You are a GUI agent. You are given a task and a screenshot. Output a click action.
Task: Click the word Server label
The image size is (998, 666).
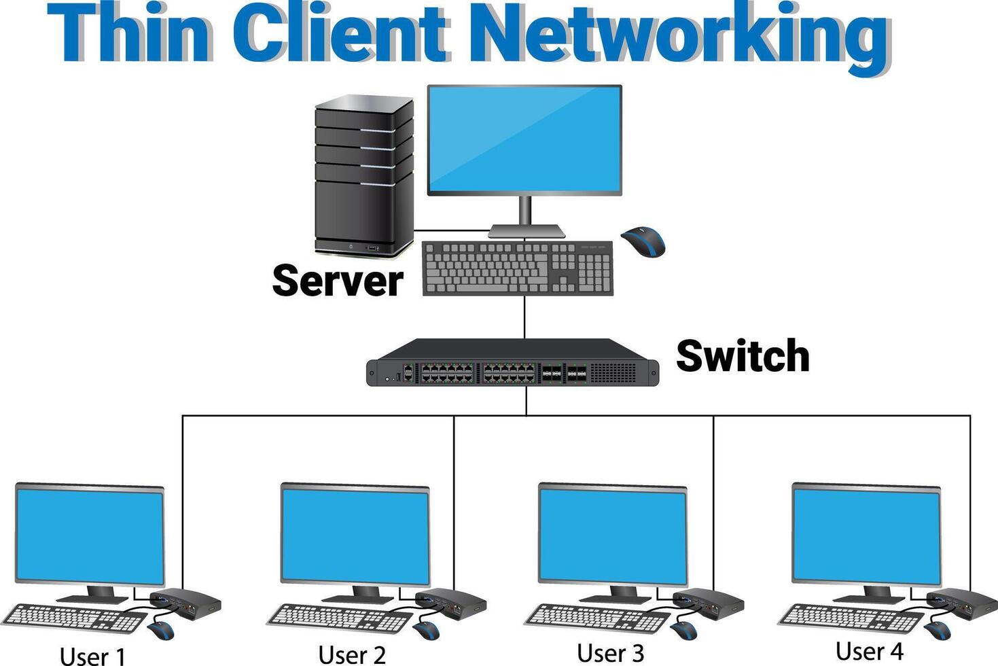pyautogui.click(x=338, y=281)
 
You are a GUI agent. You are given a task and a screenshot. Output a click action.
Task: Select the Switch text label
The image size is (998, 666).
pyautogui.click(x=743, y=355)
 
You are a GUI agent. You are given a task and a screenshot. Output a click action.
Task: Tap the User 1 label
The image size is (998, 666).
pyautogui.click(x=92, y=656)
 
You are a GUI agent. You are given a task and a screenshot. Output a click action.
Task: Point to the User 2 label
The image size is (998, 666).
pyautogui.click(x=352, y=654)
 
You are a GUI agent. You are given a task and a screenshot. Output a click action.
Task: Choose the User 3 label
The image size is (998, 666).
pyautogui.click(x=610, y=653)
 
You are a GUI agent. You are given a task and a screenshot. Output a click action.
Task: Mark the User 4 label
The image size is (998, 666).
pyautogui.click(x=869, y=650)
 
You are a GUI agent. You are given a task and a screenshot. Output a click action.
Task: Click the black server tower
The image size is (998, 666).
pyautogui.click(x=363, y=177)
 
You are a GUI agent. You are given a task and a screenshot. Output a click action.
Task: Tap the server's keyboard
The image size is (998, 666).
pyautogui.click(x=517, y=268)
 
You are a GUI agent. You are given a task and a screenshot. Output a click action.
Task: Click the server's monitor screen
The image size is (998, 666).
pyautogui.click(x=524, y=140)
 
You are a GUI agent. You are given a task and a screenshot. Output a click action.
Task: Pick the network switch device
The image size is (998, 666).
pyautogui.click(x=512, y=363)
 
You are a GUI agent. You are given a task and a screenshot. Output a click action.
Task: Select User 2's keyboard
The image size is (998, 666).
pyautogui.click(x=340, y=618)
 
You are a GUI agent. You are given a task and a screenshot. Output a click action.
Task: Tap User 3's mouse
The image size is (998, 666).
pyautogui.click(x=683, y=630)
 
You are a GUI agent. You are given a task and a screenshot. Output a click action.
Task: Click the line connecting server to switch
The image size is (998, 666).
pyautogui.click(x=524, y=317)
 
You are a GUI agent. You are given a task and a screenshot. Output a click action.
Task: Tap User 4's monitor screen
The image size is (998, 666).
pyautogui.click(x=866, y=535)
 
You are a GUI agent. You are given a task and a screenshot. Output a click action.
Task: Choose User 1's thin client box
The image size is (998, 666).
pyautogui.click(x=185, y=602)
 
